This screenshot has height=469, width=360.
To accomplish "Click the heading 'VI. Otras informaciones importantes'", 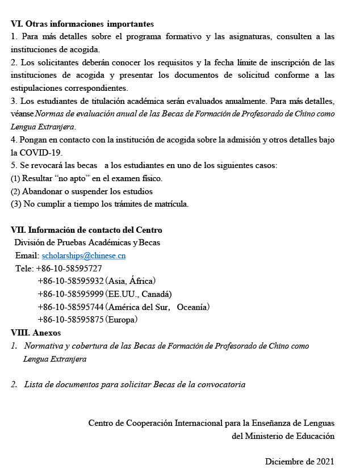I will [82, 24].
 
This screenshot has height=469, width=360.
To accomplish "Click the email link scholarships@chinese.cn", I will [83, 256].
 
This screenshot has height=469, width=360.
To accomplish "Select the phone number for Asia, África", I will [70, 281].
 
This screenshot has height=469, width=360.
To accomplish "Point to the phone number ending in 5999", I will [70, 294].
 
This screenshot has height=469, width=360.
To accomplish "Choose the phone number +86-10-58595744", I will [70, 307].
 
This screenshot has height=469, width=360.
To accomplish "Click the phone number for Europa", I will [70, 320].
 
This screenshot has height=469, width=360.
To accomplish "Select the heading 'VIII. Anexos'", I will [36, 333].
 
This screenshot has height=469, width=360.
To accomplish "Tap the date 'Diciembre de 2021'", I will [299, 461].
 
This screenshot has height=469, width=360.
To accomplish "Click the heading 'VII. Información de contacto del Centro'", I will [86, 230].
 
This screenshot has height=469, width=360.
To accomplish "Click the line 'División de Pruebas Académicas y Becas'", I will [87, 242].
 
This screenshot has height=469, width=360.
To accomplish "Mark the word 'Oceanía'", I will [193, 307].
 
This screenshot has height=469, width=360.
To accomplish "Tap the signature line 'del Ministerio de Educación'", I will [283, 436].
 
